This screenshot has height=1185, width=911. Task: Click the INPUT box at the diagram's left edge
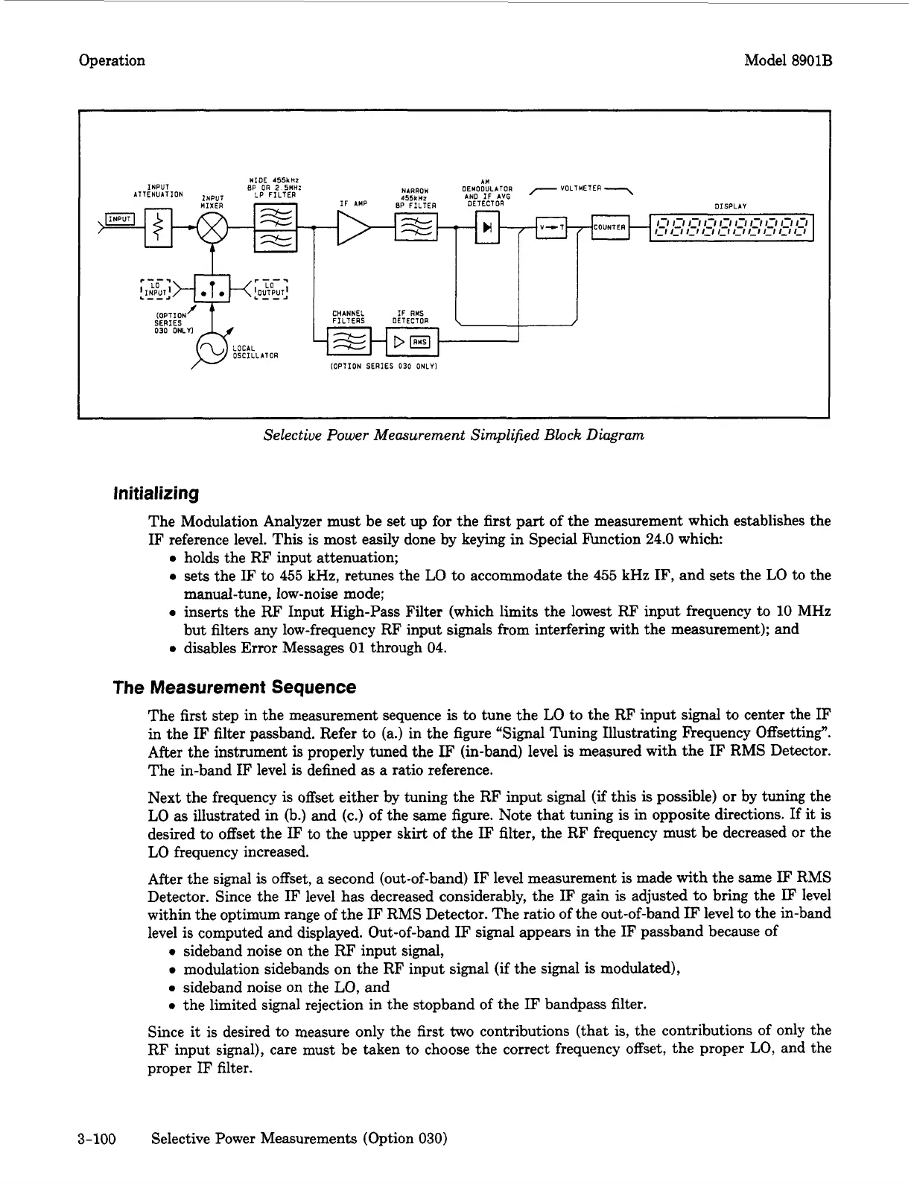tap(118, 218)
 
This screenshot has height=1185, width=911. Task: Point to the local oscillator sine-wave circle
tap(211, 349)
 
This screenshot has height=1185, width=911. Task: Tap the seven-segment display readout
tap(731, 227)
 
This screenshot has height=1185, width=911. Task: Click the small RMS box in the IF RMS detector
tap(421, 342)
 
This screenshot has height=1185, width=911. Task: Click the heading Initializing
tap(155, 493)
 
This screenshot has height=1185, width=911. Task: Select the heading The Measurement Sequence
tap(234, 687)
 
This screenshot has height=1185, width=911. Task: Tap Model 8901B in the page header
tap(787, 60)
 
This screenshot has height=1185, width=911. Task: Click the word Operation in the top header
tap(112, 60)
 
